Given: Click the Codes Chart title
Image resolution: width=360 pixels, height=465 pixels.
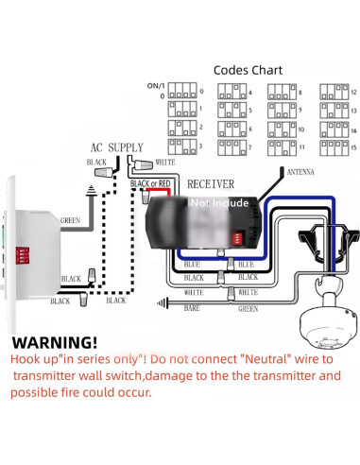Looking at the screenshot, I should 249,70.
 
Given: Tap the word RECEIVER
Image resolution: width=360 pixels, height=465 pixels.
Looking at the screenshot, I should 212,181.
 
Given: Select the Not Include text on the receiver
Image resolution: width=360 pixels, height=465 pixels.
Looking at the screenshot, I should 220,201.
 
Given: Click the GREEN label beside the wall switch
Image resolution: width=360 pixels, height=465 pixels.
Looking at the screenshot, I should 72,222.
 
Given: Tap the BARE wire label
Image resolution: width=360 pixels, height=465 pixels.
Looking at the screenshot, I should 192,307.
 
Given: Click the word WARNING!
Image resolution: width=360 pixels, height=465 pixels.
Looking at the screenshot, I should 54,342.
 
